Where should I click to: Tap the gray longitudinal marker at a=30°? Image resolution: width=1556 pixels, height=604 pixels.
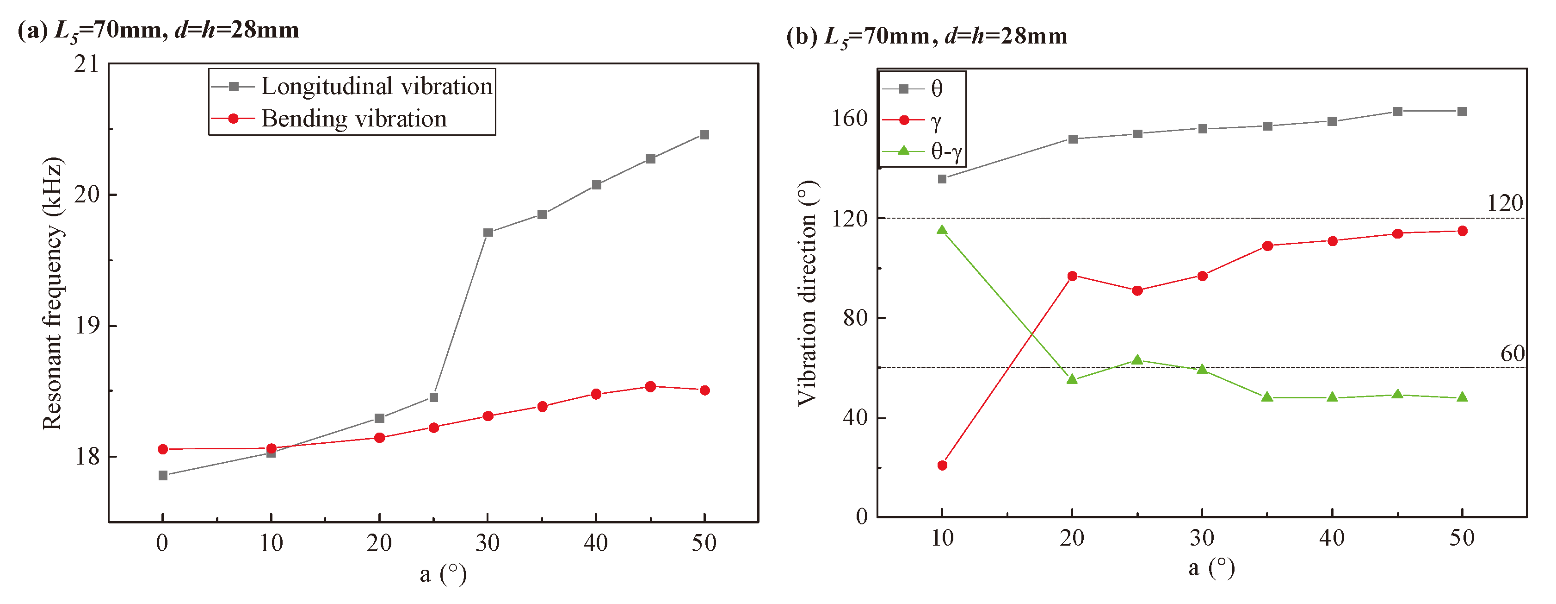[x=488, y=232]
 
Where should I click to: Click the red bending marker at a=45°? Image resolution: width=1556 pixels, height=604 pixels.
[x=650, y=386]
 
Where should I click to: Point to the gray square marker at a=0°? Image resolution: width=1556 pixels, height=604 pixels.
[x=162, y=475]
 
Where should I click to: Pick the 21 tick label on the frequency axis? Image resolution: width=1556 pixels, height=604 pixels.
[x=86, y=64]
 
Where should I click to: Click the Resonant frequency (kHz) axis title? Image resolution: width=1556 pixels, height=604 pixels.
[x=53, y=293]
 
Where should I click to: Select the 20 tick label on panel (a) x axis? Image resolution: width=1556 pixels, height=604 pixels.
[x=379, y=543]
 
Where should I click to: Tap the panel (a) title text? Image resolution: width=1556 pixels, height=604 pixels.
[x=158, y=30]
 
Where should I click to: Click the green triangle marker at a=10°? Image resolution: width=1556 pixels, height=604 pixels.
[x=942, y=230]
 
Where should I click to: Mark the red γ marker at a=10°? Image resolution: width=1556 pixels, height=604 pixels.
[x=942, y=465]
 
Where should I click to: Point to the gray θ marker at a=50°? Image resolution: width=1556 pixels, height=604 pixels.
[x=1462, y=111]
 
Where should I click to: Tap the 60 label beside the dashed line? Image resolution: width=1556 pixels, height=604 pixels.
[x=1512, y=353]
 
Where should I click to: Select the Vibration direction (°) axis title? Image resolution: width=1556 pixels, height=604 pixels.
[x=807, y=293]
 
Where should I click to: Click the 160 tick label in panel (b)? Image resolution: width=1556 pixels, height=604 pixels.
[x=849, y=119]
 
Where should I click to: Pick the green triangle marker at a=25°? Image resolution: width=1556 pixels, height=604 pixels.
[x=1137, y=360]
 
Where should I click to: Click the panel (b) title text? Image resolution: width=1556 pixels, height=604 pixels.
[x=926, y=36]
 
